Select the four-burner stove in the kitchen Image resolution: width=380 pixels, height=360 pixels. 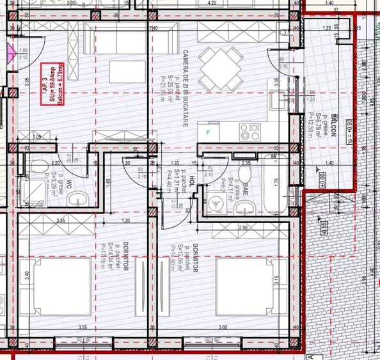[x=249, y=132]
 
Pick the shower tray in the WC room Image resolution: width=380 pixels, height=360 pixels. [x=29, y=192]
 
